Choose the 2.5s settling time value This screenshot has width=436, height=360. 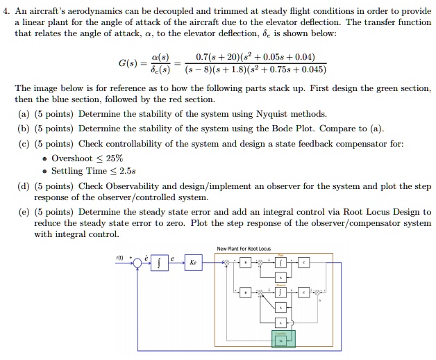(x=127, y=171)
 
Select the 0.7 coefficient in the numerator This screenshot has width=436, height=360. (x=205, y=56)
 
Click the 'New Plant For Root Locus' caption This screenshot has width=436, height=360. (x=244, y=248)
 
